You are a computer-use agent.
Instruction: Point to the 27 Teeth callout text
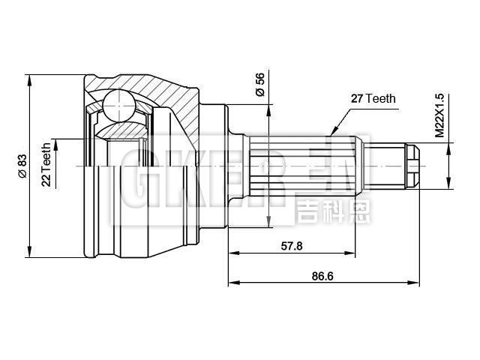[373, 98]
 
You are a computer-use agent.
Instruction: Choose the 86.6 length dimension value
[322, 276]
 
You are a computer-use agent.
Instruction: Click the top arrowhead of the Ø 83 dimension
[29, 78]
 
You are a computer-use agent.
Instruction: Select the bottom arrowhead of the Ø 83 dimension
[29, 252]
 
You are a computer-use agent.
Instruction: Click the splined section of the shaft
[300, 164]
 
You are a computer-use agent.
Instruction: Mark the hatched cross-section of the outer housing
[172, 94]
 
